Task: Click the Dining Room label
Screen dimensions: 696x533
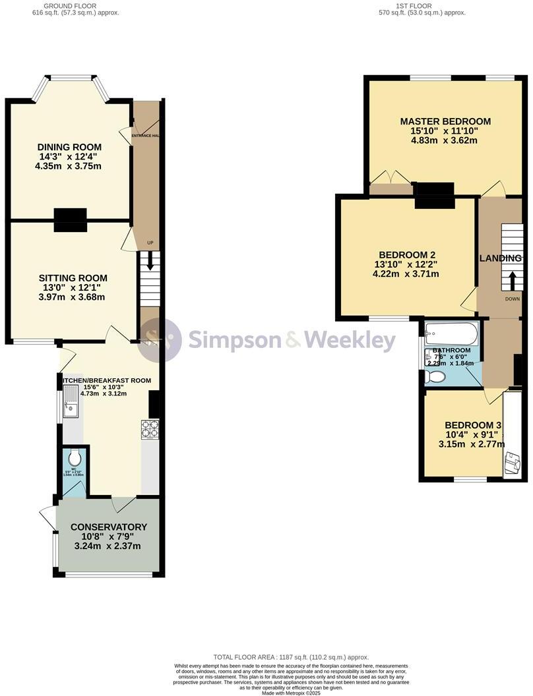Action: (x=69, y=146)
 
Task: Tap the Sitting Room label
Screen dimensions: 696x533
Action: (x=73, y=277)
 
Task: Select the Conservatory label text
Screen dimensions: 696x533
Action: (x=108, y=527)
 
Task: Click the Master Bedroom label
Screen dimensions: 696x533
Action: (x=445, y=121)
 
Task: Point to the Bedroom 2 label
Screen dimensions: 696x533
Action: (x=406, y=254)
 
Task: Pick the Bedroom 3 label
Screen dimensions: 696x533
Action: (x=472, y=425)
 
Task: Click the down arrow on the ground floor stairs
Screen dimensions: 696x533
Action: (x=150, y=261)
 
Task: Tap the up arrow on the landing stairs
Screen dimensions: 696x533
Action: (x=511, y=281)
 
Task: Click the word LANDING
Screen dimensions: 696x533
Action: (x=500, y=258)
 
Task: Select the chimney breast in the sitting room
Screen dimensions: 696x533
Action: (x=70, y=219)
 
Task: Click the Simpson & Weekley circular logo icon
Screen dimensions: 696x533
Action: (x=160, y=340)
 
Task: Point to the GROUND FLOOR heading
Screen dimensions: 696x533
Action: (x=69, y=5)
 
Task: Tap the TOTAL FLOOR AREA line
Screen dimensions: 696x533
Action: (x=291, y=657)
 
